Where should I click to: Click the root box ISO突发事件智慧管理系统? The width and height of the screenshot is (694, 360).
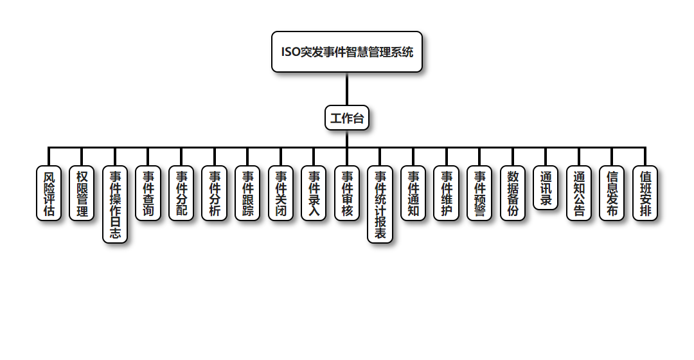(347, 51)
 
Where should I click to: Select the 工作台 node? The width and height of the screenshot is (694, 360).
(347, 118)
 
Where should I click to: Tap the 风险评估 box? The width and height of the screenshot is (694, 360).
(49, 193)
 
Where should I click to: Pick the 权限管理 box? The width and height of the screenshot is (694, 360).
(82, 193)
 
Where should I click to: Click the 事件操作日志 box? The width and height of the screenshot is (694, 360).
(115, 204)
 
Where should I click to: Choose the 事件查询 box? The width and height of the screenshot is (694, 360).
(148, 193)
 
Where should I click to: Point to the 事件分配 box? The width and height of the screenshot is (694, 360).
(181, 193)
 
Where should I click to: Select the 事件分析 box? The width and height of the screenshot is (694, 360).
(214, 193)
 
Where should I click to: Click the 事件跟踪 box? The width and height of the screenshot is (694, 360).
(247, 193)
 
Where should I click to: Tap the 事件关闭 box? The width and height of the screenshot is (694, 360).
(281, 193)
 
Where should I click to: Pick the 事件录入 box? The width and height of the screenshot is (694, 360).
(314, 193)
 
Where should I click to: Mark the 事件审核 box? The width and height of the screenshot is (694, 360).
(347, 193)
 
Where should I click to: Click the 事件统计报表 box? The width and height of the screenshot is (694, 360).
(380, 204)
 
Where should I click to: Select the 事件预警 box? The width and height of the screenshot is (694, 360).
(479, 193)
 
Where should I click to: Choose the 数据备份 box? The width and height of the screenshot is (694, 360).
(512, 193)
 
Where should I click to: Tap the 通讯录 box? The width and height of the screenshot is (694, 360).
(546, 187)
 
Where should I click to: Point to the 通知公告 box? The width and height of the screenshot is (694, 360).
(579, 193)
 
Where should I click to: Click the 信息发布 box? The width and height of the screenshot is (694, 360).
(612, 193)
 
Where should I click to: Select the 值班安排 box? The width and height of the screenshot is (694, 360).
(645, 193)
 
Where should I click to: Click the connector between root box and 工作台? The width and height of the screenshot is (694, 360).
(347, 89)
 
